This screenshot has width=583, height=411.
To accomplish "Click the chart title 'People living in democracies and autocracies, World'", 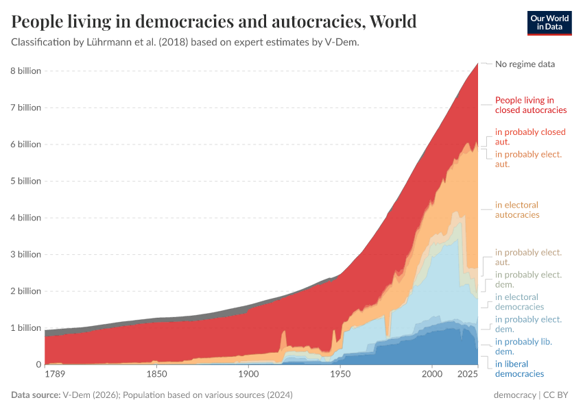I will pos(214,22).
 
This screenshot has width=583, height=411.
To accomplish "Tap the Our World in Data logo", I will pos(549,22).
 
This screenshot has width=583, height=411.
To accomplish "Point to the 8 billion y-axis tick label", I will pos(25,71).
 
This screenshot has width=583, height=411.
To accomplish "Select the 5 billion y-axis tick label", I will pos(25,181).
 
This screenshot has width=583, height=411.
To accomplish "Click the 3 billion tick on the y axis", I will pos(25,254).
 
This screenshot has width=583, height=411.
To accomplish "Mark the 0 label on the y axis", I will pos(38,364).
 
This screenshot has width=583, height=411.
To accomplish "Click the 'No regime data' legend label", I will pos(525,64).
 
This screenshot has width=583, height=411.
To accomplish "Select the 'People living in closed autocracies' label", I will pos(530,105).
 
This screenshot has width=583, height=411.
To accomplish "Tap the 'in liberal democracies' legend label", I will pos(519,369).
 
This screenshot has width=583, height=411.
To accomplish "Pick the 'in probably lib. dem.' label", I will pos(523,346).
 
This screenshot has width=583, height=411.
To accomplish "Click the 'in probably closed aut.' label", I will pos(530,136).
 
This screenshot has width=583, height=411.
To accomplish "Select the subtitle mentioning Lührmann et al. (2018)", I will pos(185,42).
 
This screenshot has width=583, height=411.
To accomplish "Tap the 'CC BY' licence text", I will pos(558,396).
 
